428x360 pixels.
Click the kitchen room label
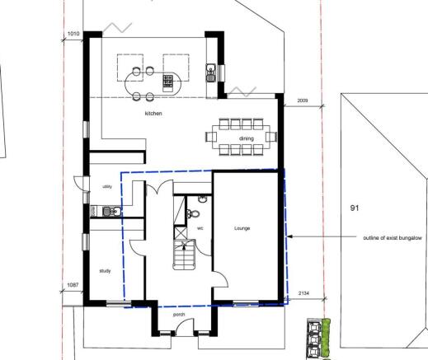(153, 113)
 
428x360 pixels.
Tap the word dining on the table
(247, 138)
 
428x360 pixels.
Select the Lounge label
(242, 228)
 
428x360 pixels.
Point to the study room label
(105, 271)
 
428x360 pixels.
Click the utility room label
(107, 187)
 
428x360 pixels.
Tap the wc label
(200, 228)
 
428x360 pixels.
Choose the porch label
(179, 315)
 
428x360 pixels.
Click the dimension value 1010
(73, 34)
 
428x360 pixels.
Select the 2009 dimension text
(303, 101)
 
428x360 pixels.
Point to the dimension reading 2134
(303, 293)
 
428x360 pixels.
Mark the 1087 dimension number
(73, 285)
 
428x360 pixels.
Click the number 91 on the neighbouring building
(355, 208)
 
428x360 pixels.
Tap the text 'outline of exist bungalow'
(393, 238)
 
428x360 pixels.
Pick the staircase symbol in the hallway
(184, 255)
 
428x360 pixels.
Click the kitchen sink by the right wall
(211, 72)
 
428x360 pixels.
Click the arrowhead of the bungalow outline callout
(289, 236)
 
